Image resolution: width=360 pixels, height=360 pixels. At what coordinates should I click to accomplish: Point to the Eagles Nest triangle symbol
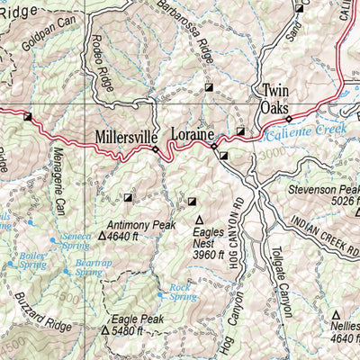[199, 220]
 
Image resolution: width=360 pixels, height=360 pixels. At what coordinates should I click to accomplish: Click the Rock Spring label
[182, 292]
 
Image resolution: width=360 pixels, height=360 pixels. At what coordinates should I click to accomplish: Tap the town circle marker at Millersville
[156, 150]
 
